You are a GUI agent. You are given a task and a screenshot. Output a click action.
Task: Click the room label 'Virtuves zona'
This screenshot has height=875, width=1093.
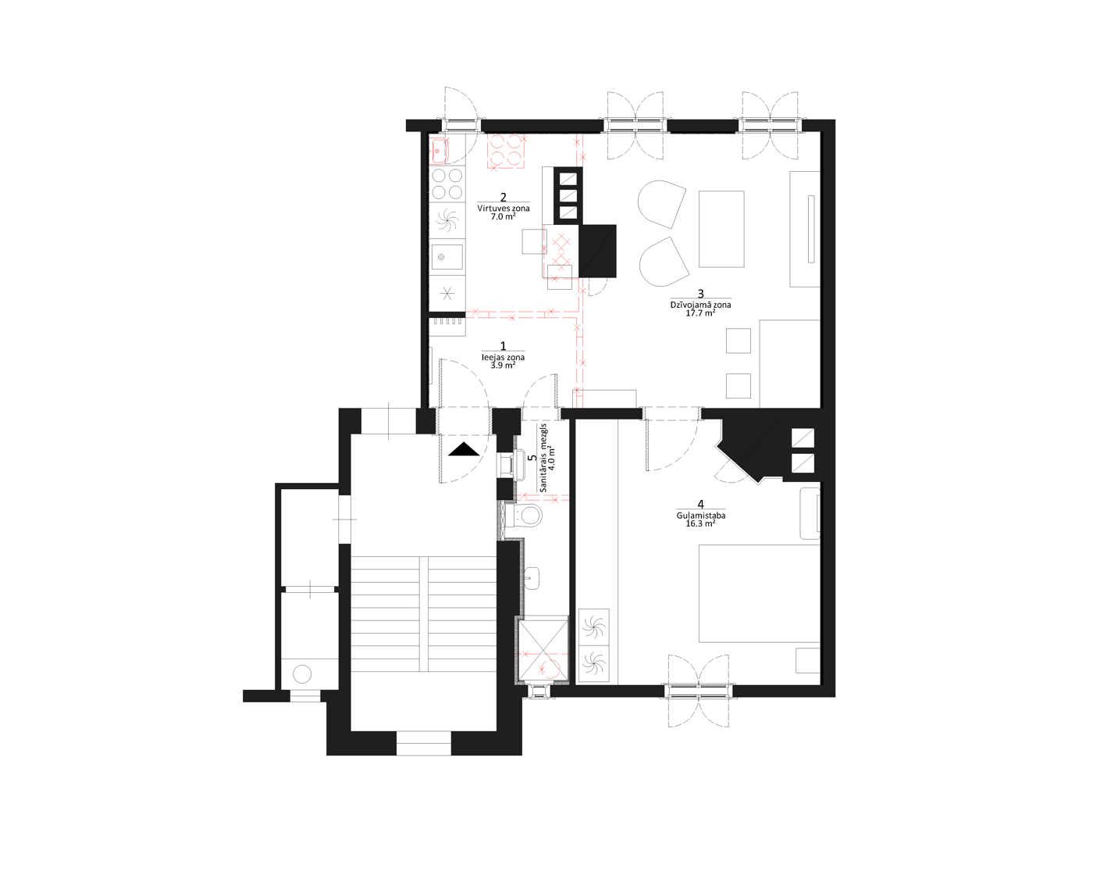point(503,208)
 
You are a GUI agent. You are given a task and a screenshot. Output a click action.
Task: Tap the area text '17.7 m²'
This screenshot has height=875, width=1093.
point(700,313)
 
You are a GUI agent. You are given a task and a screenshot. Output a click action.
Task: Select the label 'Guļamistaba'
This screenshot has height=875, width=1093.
point(700,515)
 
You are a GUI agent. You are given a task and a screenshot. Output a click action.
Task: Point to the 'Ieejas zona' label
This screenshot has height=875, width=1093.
point(503,358)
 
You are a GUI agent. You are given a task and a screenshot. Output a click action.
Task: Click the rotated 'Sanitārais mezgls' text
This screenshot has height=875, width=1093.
point(544,458)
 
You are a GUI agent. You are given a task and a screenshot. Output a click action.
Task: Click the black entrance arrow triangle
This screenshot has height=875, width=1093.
point(465,449)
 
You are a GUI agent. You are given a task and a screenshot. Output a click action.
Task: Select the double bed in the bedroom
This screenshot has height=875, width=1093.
point(760,593)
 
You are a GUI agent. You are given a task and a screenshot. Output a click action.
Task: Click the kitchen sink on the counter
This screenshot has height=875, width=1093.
point(447,257)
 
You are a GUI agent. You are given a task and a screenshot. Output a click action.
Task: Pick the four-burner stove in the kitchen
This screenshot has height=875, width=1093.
point(447,184)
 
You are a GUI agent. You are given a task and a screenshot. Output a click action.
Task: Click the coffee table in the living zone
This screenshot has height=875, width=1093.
point(721,229)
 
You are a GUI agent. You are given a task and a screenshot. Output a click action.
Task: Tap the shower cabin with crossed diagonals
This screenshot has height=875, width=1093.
point(542,648)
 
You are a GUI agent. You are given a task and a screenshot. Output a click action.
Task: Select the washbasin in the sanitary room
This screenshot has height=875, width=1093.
point(531,578)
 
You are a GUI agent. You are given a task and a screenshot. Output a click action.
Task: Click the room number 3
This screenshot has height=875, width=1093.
point(701,294)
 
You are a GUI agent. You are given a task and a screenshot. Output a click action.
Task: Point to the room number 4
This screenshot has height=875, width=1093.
point(701,505)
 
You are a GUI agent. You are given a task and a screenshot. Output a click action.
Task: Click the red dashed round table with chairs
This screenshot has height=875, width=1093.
point(505,151)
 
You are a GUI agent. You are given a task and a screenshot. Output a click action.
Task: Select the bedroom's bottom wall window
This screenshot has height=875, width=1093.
point(699,691)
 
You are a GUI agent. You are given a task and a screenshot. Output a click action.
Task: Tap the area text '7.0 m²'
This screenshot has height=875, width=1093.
point(503,216)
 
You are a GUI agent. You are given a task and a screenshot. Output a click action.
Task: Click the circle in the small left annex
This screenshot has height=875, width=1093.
point(302,674)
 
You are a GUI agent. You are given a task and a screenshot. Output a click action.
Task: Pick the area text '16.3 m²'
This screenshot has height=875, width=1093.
point(700,523)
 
